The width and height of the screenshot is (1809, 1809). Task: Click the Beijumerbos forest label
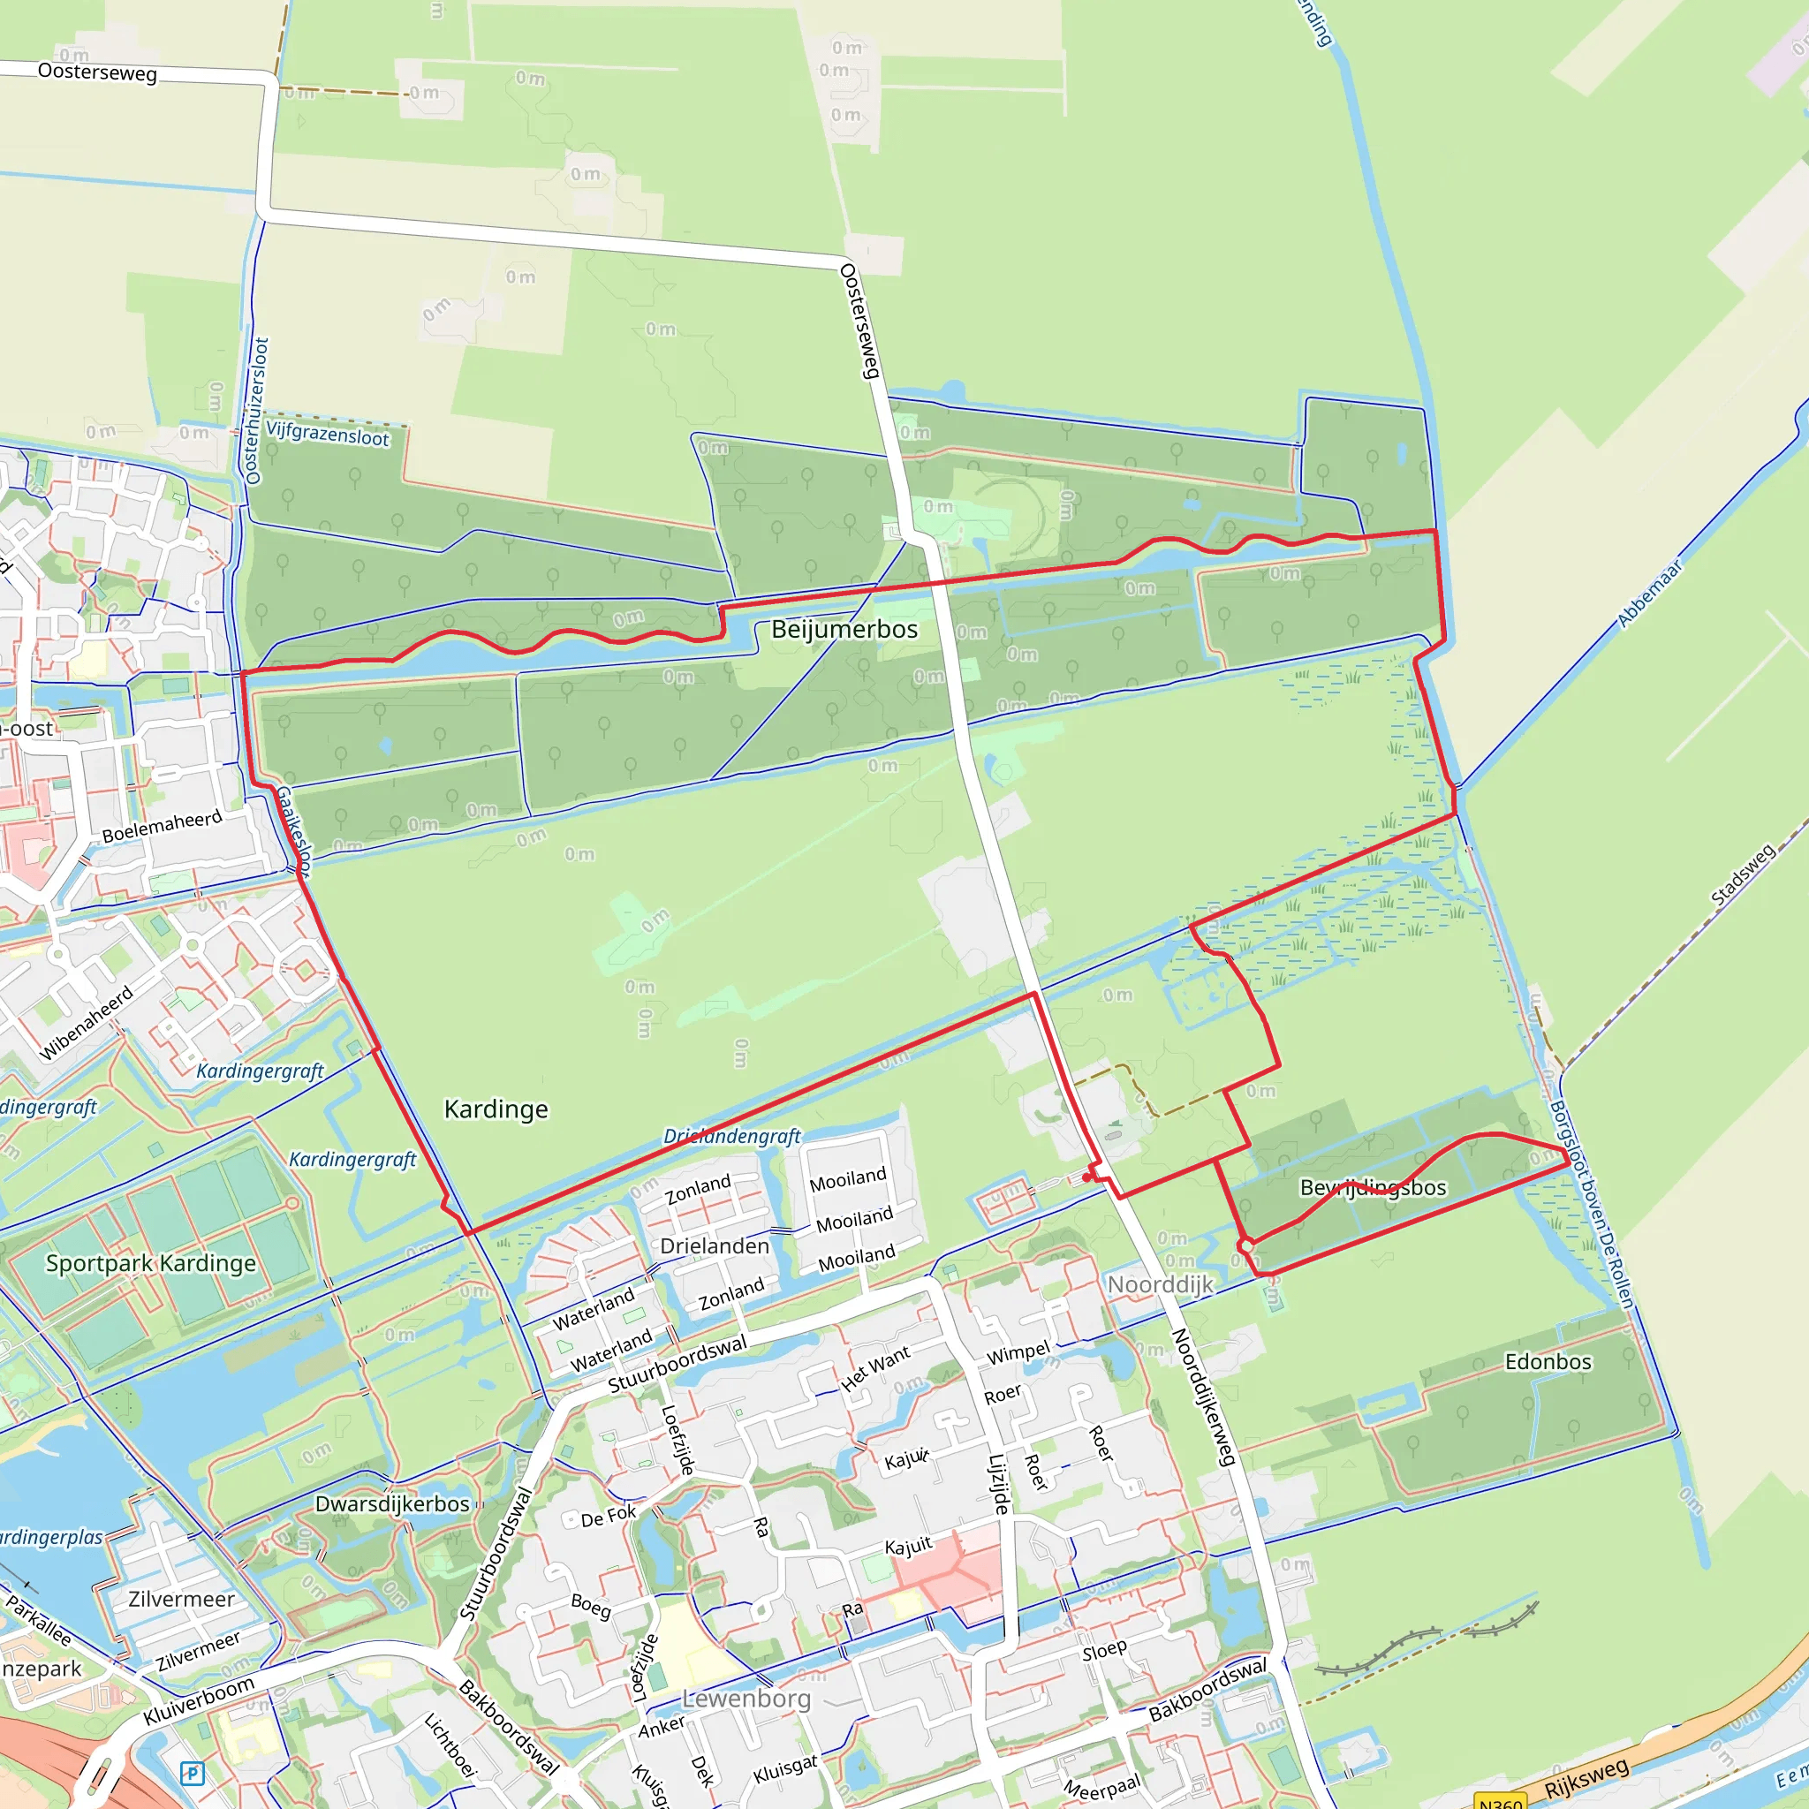tap(844, 629)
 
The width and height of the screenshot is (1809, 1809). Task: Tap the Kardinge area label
tap(496, 1109)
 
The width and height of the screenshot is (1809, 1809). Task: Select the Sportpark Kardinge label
tap(151, 1263)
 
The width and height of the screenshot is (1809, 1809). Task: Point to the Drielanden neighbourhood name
tap(715, 1246)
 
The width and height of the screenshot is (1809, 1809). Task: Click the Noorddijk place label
tap(1160, 1284)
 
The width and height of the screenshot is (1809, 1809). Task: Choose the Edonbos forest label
tap(1548, 1361)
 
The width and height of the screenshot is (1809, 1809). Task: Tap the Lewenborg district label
tap(746, 1698)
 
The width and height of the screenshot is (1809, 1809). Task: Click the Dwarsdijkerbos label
tap(391, 1503)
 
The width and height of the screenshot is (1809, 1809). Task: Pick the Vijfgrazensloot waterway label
tap(328, 435)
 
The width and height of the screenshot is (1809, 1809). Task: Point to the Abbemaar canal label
tap(1650, 594)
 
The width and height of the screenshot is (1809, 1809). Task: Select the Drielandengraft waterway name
tap(731, 1137)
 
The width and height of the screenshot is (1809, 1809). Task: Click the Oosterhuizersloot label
tap(256, 411)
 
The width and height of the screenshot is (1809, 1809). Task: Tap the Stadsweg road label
tap(1743, 874)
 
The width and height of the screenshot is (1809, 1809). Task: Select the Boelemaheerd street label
tap(162, 826)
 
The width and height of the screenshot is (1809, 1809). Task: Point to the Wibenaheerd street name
tap(87, 1023)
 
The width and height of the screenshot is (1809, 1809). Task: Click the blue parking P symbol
tap(192, 1774)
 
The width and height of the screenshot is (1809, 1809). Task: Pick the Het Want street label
tap(874, 1369)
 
